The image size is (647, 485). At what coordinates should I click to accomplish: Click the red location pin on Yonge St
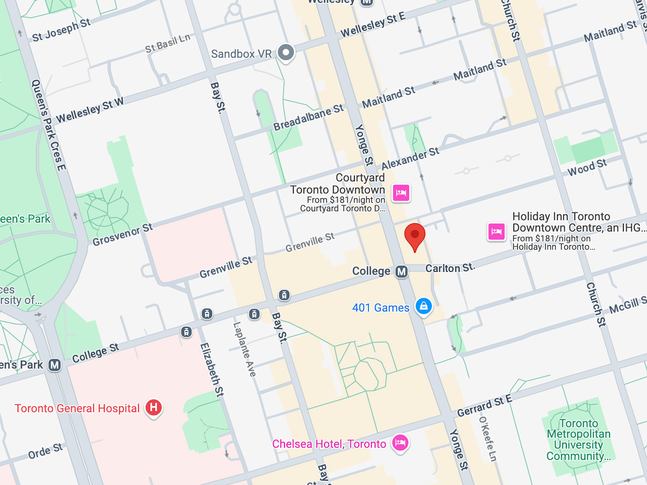point(414,236)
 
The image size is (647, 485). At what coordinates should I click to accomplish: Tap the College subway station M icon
point(402,272)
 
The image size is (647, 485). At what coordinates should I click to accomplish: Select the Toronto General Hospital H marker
point(154,407)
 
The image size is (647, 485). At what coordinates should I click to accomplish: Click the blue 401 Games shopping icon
point(423,306)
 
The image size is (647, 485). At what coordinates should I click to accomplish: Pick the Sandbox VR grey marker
point(286,53)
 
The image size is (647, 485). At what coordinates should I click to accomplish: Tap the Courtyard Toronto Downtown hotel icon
point(401,192)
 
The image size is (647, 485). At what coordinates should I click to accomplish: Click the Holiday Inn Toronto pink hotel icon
point(496,232)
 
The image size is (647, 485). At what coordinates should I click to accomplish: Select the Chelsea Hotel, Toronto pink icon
point(400,443)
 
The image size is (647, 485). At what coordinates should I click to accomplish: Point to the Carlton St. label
point(450,268)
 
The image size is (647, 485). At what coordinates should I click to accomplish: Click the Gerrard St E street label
point(484,406)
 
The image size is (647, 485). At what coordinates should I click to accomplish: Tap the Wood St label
point(587,167)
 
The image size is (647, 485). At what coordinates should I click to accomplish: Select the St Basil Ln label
point(167,44)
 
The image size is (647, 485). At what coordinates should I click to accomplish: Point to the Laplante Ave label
point(245,349)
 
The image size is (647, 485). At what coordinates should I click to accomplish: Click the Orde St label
point(45,451)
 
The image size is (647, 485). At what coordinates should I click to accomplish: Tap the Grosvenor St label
point(123,234)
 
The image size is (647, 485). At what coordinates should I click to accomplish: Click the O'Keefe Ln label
point(487,439)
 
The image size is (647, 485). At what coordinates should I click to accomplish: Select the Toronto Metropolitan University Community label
point(578,440)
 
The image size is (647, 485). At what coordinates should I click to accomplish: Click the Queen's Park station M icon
point(55,365)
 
